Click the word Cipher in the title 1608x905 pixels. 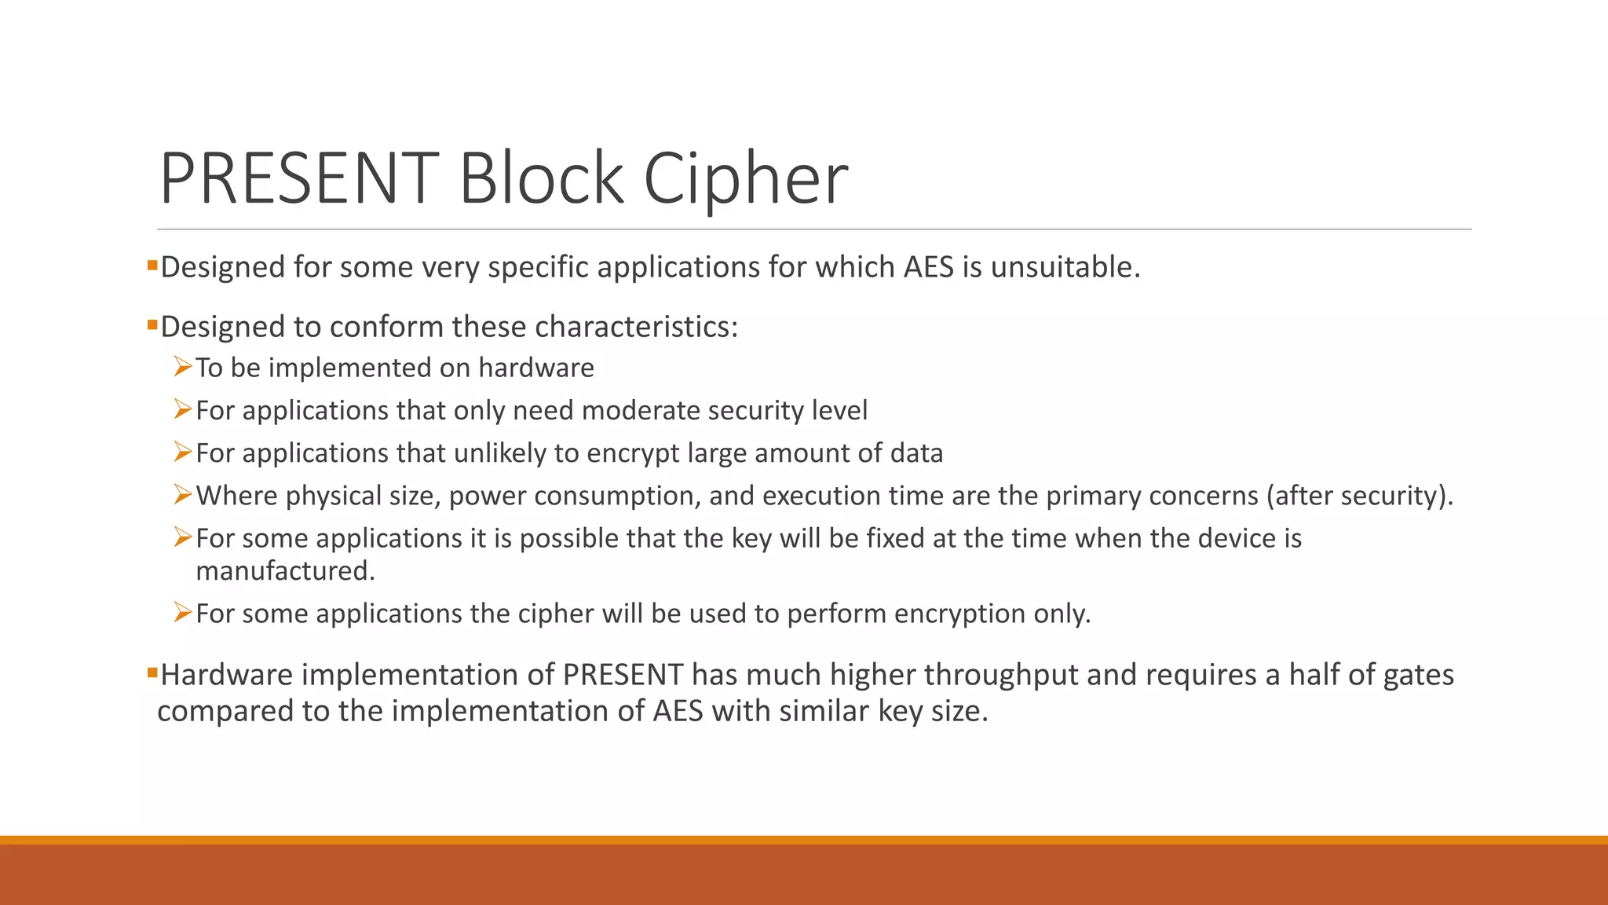(745, 179)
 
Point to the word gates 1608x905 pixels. (1418, 675)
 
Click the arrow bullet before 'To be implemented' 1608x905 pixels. (183, 366)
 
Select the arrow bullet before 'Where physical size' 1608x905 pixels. (183, 494)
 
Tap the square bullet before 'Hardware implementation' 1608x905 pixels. (152, 672)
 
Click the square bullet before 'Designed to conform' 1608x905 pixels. (152, 324)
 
